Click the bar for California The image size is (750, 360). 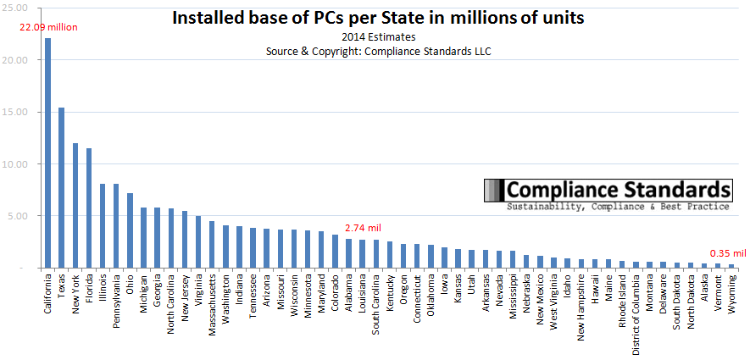47,152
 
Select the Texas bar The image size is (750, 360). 61,187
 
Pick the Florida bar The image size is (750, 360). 88,208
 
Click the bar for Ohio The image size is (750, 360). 130,230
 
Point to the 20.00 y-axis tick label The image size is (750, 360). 18,61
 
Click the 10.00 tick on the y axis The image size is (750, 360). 18,164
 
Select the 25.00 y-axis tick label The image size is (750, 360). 18,9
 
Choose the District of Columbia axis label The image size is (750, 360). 636,314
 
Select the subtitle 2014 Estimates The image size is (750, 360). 378,36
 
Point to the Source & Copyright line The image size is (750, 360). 379,51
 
